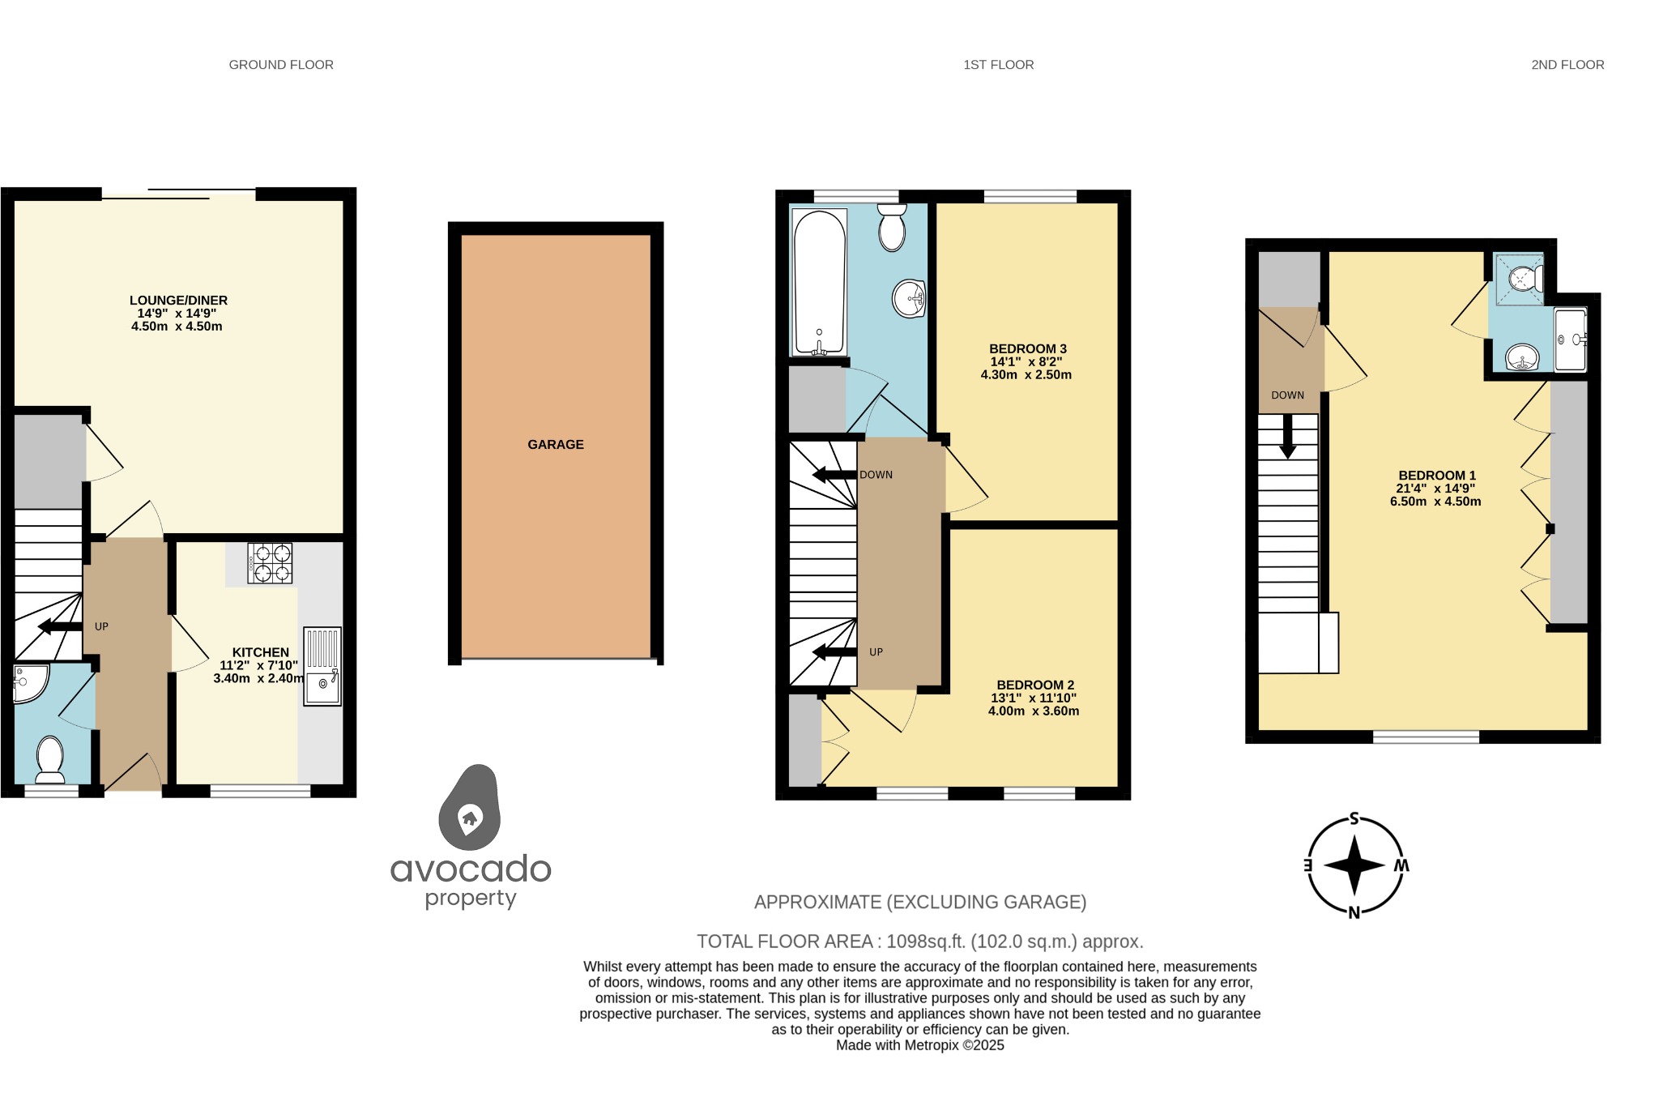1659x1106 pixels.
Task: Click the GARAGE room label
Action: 555,444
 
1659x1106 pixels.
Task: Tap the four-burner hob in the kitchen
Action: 271,563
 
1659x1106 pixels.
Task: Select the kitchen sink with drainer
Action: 322,666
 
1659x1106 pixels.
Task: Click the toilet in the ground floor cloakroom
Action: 50,760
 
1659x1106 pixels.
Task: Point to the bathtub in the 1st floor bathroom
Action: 820,283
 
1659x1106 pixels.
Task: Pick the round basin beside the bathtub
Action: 909,298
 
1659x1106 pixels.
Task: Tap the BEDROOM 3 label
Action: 1027,349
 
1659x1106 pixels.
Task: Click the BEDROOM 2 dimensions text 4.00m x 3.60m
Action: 1033,711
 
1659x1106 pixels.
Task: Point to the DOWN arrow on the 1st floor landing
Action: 834,475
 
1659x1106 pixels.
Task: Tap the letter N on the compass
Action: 1354,913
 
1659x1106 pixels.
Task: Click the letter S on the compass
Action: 1354,819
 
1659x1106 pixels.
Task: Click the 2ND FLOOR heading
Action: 1567,65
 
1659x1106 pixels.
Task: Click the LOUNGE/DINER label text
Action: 178,301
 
